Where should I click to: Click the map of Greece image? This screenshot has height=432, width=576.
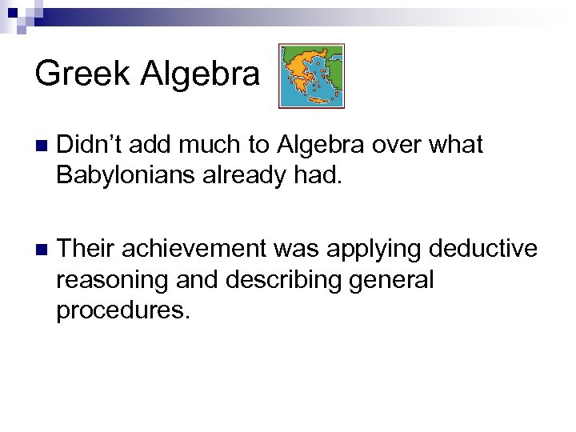[311, 76]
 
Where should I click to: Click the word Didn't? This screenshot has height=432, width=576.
[90, 145]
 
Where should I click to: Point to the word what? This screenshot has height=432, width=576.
[456, 145]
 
